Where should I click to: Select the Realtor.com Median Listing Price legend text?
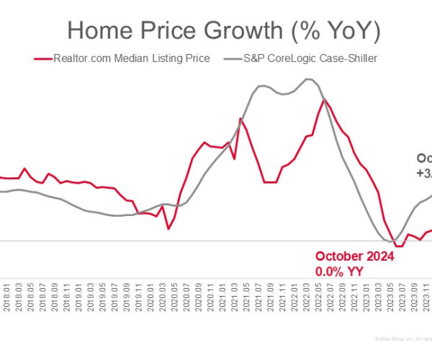tap(132, 58)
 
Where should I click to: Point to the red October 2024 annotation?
tap(354, 257)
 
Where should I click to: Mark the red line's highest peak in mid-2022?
tap(325, 99)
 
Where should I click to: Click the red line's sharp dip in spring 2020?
tap(168, 229)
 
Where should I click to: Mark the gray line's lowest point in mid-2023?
tap(391, 240)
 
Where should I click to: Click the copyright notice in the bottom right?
tap(400, 338)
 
